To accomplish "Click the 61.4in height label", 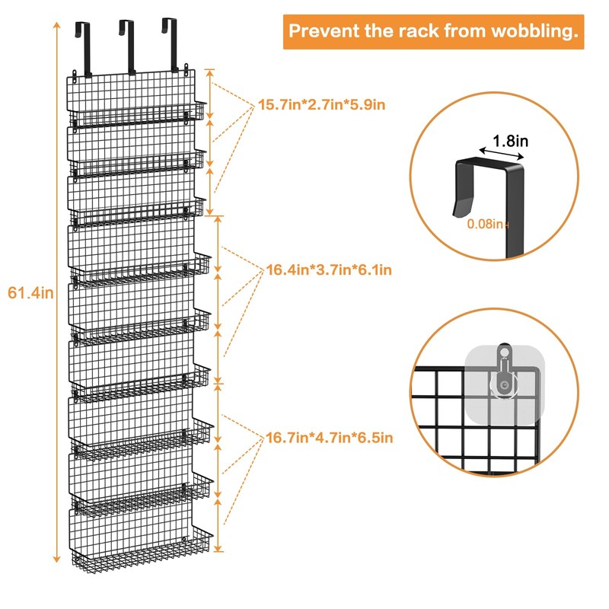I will point(30,292).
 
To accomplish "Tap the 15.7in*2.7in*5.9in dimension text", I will point(322,104).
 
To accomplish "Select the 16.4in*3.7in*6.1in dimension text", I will point(329,269).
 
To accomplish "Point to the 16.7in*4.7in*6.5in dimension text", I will point(329,437).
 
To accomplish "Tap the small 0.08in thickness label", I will point(488,223).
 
